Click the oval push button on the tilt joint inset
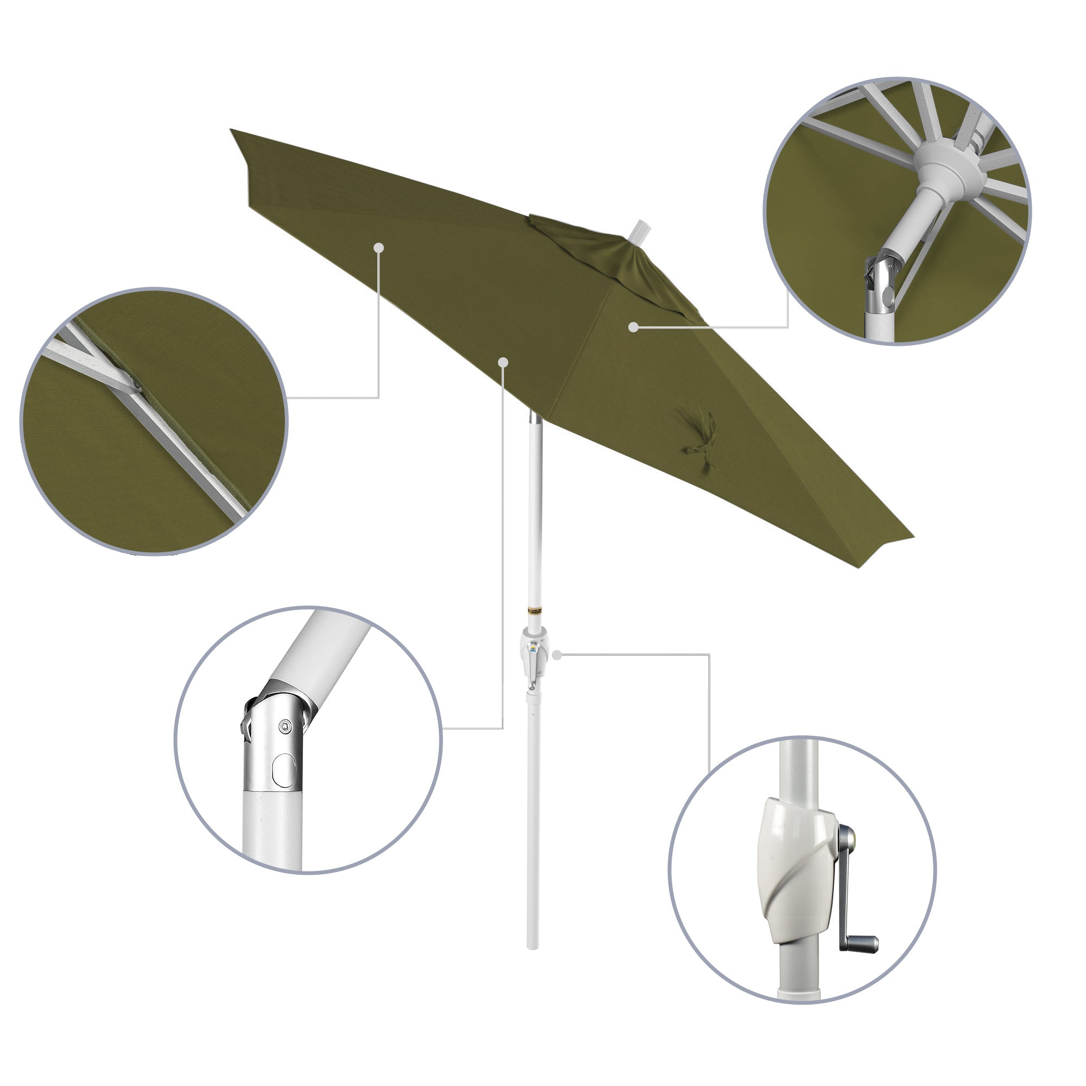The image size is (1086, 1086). tap(283, 769)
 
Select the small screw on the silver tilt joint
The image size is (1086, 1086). tap(286, 727)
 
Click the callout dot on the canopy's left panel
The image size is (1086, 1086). tap(379, 247)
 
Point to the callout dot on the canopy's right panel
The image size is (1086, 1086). tap(634, 326)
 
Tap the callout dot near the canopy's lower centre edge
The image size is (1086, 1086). tap(503, 362)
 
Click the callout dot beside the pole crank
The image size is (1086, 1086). tap(557, 654)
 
